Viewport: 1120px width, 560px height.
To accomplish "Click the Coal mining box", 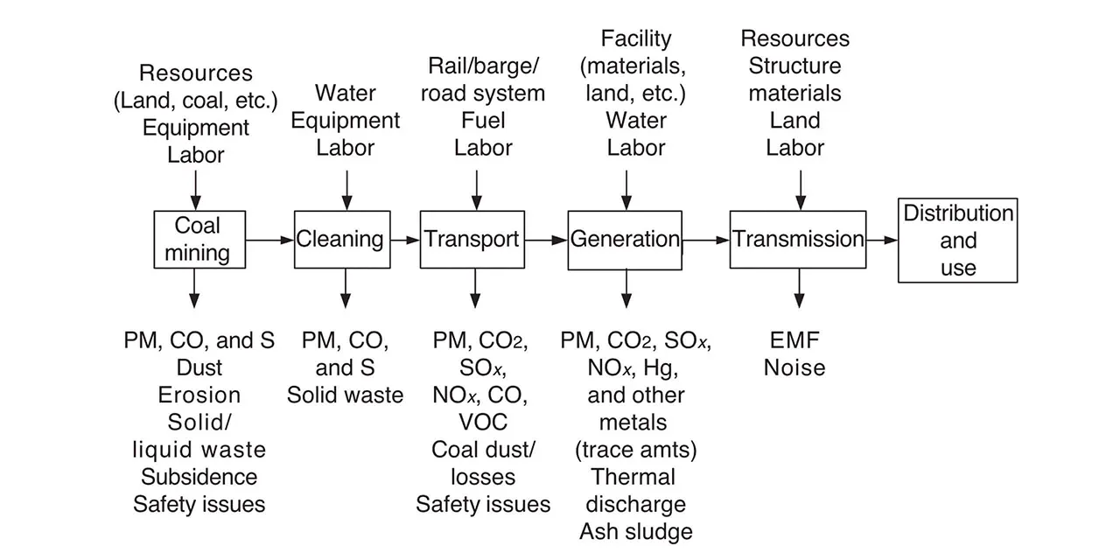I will click(x=197, y=239).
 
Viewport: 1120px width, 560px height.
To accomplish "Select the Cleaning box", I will click(x=340, y=239).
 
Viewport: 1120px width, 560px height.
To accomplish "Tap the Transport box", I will click(x=472, y=239).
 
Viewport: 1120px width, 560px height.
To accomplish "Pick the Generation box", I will click(x=625, y=239).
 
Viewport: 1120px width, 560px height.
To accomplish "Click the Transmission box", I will click(x=798, y=239).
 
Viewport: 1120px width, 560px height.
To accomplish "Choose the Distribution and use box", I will click(x=957, y=240).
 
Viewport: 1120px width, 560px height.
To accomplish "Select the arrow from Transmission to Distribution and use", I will click(x=882, y=239).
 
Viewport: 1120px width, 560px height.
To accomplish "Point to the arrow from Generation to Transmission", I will click(x=706, y=239).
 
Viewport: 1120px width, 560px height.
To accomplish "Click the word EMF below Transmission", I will click(x=795, y=340).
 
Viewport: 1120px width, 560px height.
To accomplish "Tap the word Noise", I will click(x=795, y=367).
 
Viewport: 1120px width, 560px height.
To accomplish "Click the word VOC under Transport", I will click(x=482, y=422).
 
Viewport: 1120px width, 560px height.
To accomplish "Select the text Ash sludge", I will click(x=635, y=531).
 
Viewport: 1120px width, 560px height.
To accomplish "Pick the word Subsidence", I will click(x=199, y=477).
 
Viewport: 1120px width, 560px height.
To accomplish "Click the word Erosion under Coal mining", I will click(x=199, y=395).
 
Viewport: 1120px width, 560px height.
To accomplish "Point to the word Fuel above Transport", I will click(x=483, y=120).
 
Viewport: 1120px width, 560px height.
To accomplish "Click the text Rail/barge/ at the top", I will click(x=483, y=66).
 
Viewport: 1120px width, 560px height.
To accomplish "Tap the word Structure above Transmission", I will click(x=794, y=66).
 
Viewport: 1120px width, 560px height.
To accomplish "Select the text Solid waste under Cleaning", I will click(x=346, y=395).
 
